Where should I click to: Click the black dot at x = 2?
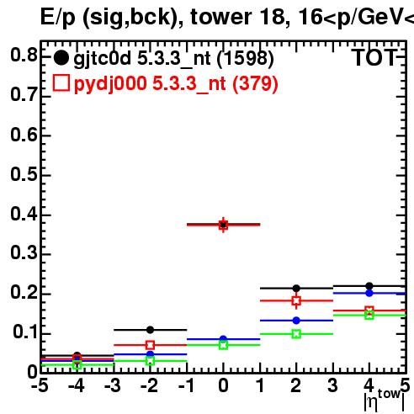(x=296, y=288)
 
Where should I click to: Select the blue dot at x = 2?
(x=296, y=321)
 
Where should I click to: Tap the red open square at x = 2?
(x=296, y=300)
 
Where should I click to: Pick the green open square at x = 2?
(x=296, y=334)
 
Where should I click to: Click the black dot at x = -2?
(x=150, y=330)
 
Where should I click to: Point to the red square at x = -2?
(x=150, y=345)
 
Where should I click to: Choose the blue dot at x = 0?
(x=223, y=339)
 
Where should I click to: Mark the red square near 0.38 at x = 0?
(x=223, y=225)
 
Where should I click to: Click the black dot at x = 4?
(x=369, y=286)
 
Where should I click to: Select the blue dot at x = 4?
(x=369, y=293)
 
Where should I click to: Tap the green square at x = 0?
(x=223, y=345)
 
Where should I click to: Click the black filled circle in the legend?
(x=61, y=58)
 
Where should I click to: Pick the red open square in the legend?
(x=61, y=82)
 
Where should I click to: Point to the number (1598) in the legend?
(x=245, y=59)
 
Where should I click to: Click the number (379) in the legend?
(x=255, y=83)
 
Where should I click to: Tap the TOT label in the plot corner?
(x=374, y=58)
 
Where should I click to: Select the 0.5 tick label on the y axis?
(x=24, y=174)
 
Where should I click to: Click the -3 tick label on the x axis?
(x=113, y=385)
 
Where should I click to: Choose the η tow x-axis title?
(x=385, y=401)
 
